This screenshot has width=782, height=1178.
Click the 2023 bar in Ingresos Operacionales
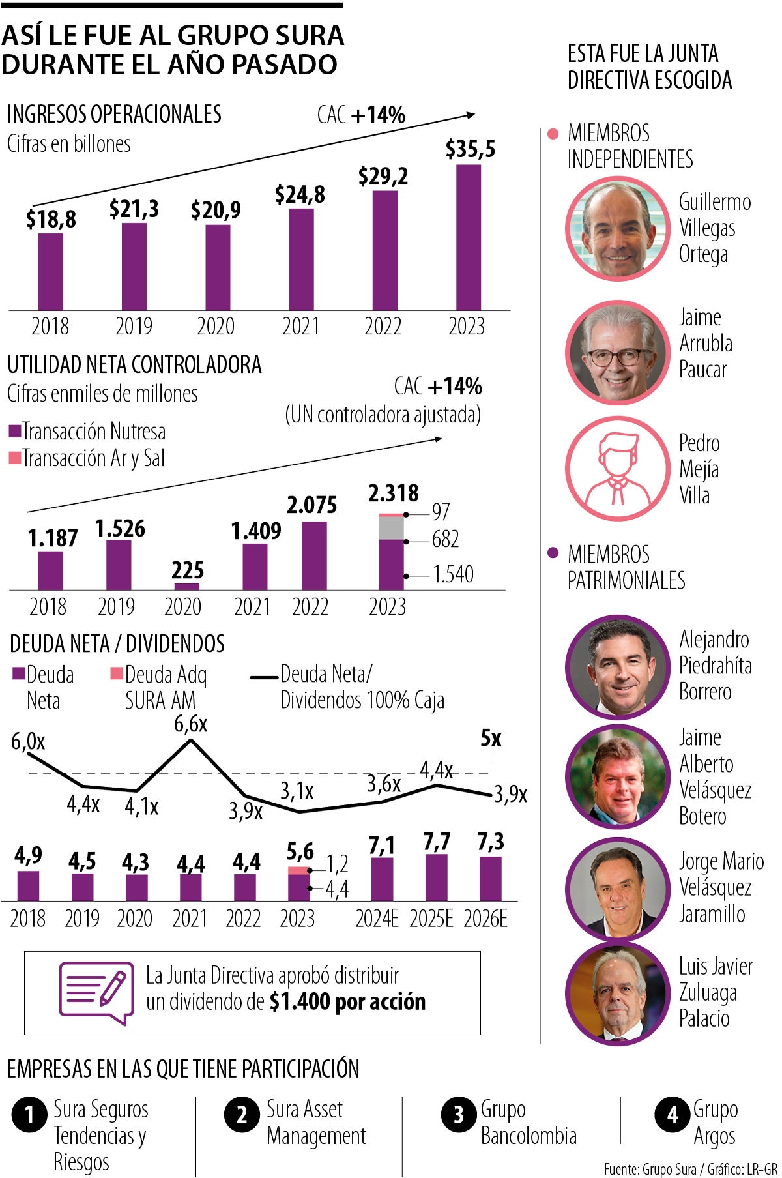click(x=468, y=238)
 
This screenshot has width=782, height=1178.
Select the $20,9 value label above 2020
click(x=216, y=210)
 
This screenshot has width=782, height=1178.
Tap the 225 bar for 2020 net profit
click(x=188, y=586)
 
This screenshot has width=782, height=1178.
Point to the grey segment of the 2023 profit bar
click(x=392, y=528)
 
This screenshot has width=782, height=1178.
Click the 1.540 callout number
click(x=453, y=574)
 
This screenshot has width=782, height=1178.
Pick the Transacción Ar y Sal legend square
click(x=14, y=458)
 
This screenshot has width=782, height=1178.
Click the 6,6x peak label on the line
click(x=190, y=724)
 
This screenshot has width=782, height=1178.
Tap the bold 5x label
click(x=491, y=739)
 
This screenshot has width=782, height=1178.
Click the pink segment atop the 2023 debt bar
click(x=298, y=870)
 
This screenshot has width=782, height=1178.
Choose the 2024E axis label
click(x=377, y=919)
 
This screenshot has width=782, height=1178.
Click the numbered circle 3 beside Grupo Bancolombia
click(x=459, y=1115)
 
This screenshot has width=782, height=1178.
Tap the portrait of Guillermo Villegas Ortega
click(x=617, y=229)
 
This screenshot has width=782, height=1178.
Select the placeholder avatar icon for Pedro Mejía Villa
click(x=617, y=469)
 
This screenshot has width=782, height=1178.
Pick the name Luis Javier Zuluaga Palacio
click(x=715, y=992)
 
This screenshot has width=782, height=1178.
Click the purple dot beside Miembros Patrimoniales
click(x=553, y=553)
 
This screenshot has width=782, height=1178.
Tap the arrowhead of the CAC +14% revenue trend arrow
click(x=471, y=115)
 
